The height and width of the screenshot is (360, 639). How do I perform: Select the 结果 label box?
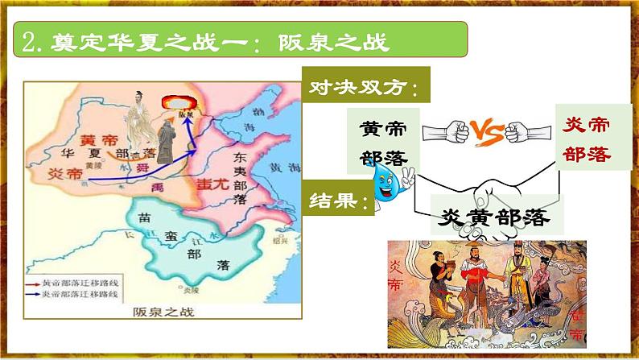point(340,200)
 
